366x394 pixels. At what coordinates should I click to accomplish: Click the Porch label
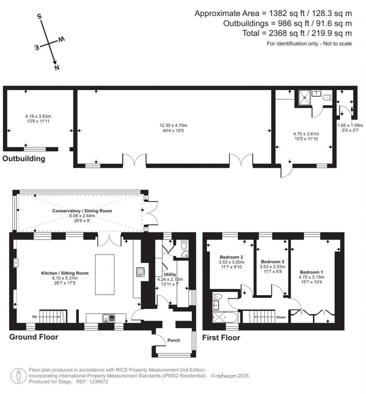tap(174, 340)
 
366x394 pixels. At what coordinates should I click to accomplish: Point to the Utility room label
tap(170, 274)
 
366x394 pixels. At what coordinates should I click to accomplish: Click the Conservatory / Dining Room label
tap(82, 211)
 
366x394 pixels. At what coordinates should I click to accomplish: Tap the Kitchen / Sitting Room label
tap(64, 273)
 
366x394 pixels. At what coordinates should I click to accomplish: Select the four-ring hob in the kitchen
tap(140, 272)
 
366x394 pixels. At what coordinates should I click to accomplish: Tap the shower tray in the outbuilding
tap(305, 96)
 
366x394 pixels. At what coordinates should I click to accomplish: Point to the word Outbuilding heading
tap(24, 159)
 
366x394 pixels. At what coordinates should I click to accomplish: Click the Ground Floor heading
tap(34, 337)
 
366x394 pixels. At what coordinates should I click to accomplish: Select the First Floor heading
tap(221, 337)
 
